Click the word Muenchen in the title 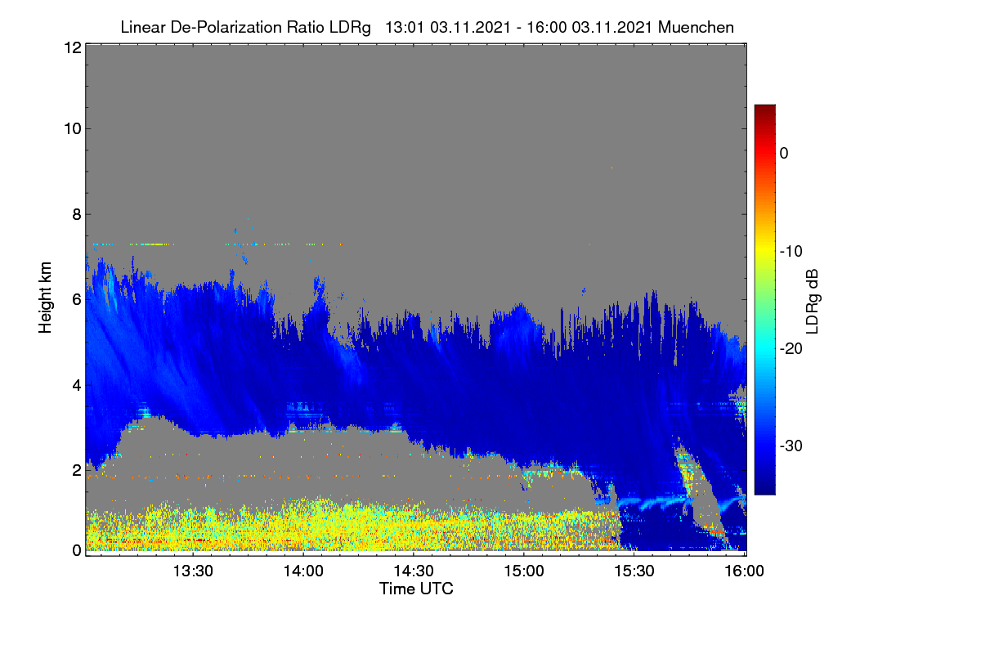click(696, 27)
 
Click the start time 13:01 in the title click(405, 27)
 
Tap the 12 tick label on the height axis click(73, 47)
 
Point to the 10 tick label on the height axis click(73, 129)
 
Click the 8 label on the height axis click(78, 214)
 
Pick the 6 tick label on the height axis click(78, 300)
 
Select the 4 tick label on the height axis click(78, 385)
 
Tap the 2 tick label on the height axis click(78, 470)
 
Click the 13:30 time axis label click(193, 571)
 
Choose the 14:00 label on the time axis click(303, 571)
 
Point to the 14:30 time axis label click(414, 571)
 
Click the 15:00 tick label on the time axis click(524, 571)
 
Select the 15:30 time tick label click(634, 571)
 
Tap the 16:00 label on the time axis click(745, 571)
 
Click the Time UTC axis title click(416, 589)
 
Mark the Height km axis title click(45, 298)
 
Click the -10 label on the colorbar click(791, 252)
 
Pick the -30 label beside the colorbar click(791, 446)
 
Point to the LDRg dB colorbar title click(812, 302)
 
